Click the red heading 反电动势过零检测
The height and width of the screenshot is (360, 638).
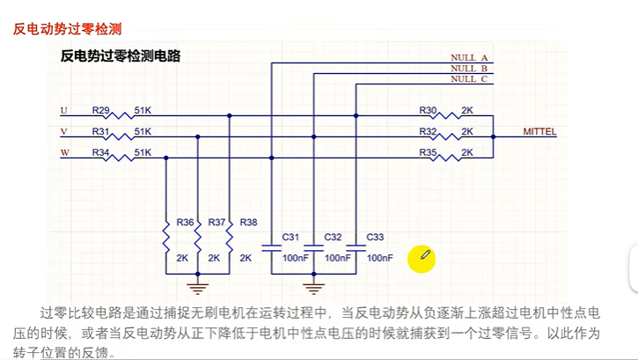click(x=67, y=29)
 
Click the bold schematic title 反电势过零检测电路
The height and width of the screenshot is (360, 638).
click(x=120, y=56)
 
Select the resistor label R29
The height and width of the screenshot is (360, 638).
click(x=101, y=110)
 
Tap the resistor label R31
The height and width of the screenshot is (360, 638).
click(x=101, y=131)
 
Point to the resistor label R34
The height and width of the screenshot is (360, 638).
click(x=101, y=152)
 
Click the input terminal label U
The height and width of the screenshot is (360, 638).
click(x=63, y=110)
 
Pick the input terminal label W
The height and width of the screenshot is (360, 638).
click(x=63, y=152)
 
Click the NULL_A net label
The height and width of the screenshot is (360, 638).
click(x=469, y=57)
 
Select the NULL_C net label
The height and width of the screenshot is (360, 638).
click(x=469, y=78)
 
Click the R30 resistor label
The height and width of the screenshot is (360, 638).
click(x=428, y=110)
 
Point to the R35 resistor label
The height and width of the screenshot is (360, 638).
click(x=428, y=152)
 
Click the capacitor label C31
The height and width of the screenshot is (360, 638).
click(x=291, y=238)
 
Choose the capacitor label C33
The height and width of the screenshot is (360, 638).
click(x=375, y=238)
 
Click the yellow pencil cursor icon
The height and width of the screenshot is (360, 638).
click(x=423, y=258)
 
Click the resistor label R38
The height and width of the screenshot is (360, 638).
click(x=248, y=223)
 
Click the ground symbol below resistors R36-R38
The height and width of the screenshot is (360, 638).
click(x=197, y=285)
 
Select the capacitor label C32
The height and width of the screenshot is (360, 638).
click(x=334, y=238)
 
